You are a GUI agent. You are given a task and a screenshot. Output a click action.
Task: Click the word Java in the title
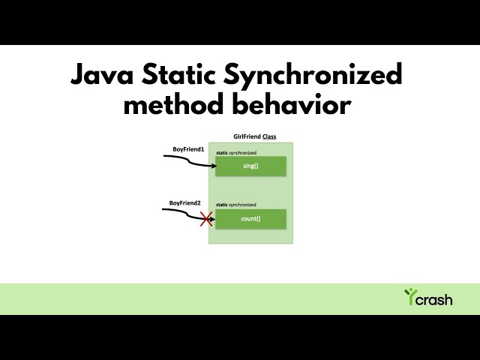pyautogui.click(x=105, y=76)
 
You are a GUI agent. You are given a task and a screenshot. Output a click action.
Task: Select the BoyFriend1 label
pyautogui.click(x=188, y=150)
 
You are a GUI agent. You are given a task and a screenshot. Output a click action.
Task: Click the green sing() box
pyautogui.click(x=250, y=166)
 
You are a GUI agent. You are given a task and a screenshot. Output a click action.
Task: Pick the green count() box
pyautogui.click(x=250, y=218)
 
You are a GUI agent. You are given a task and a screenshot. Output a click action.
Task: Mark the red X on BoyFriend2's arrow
pyautogui.click(x=205, y=219)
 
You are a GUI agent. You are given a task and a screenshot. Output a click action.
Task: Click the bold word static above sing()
pyautogui.click(x=222, y=153)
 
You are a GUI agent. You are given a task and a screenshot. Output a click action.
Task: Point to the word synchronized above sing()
pyautogui.click(x=243, y=153)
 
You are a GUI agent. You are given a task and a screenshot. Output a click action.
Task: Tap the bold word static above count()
pyautogui.click(x=222, y=205)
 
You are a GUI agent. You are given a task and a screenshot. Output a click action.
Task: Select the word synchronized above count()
pyautogui.click(x=243, y=205)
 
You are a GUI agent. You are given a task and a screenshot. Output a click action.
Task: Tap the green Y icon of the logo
pyautogui.click(x=409, y=296)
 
